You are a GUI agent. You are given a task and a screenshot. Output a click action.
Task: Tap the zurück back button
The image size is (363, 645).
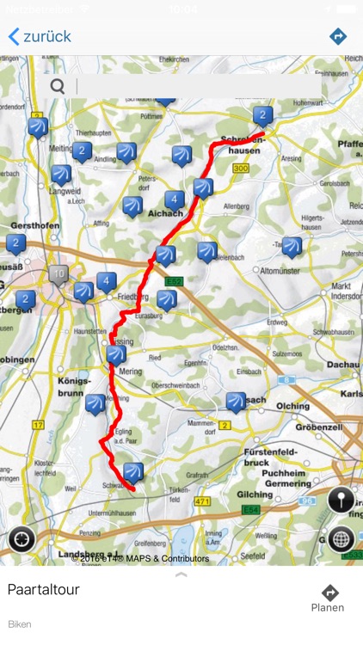[40, 36]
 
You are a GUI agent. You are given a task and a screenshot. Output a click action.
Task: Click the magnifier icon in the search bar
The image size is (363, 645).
[58, 86]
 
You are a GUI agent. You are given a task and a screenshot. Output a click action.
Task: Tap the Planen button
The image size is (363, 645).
[329, 598]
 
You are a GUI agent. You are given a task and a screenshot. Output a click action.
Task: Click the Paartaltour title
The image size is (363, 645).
[43, 589]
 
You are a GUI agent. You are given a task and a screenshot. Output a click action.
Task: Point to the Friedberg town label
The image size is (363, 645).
[132, 297]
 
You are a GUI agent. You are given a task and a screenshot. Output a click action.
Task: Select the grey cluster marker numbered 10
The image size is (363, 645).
[58, 275]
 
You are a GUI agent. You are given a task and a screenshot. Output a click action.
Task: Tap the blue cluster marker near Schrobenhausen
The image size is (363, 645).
[262, 114]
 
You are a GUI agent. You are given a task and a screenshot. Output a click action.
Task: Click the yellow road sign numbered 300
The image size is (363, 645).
[241, 169]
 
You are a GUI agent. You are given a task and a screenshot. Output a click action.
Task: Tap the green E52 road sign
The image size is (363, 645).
[175, 281]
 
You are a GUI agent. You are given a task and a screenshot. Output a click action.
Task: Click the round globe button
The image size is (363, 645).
[341, 539]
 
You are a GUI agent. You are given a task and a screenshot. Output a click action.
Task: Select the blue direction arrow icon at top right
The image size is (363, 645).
[338, 36]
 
